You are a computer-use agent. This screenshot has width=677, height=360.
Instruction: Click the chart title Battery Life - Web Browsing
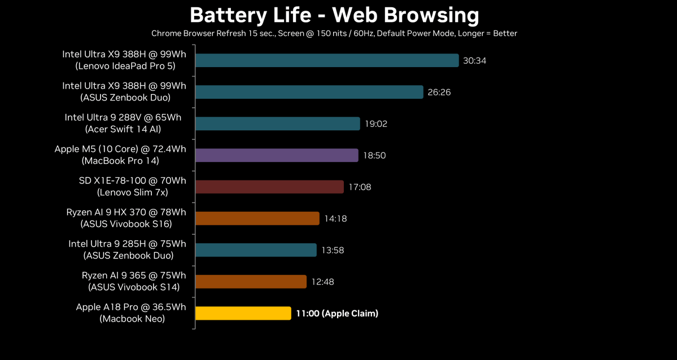point(334,15)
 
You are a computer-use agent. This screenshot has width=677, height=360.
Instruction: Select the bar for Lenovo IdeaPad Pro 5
point(327,60)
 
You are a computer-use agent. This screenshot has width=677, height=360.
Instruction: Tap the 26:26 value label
point(439,92)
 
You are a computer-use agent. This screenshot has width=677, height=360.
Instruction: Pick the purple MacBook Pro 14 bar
point(277,155)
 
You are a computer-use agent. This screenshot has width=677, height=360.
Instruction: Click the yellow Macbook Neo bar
point(243,313)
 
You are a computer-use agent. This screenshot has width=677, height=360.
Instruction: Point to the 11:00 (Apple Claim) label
point(337,313)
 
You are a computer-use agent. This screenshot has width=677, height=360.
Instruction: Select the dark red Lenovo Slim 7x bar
point(269,187)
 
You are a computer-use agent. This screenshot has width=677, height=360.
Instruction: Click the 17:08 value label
point(360,187)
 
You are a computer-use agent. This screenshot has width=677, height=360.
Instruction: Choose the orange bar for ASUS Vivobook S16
point(257,218)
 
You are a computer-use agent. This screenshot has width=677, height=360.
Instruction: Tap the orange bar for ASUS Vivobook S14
point(251,282)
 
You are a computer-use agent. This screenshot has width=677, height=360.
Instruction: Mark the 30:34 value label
point(474,60)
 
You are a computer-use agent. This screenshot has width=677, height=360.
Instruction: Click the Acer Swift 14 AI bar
point(277,124)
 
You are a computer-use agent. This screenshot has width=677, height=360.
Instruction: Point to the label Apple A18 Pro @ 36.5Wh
point(131,307)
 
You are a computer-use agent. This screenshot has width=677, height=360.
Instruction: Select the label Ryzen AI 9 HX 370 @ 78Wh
point(126,212)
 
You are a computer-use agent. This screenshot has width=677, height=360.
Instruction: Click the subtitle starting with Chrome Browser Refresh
point(334,33)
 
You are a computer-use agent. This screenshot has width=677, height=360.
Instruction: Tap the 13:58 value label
point(333,250)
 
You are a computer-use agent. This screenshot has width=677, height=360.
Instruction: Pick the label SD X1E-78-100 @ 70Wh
point(132,181)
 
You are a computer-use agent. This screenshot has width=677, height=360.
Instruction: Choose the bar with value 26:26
point(309,92)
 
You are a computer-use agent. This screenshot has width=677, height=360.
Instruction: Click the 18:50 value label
point(374,155)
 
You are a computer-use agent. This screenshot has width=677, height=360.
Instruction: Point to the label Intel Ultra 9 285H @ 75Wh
point(127,244)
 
